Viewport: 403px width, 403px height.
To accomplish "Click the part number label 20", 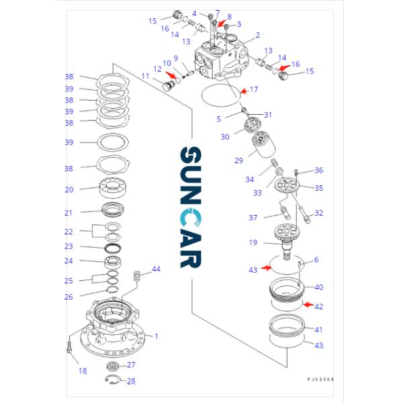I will (69, 189).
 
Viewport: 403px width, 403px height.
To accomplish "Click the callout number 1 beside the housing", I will (156, 336).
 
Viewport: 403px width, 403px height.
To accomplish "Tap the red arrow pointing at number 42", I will (306, 305).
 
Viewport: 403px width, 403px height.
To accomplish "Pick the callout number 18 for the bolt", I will (83, 371).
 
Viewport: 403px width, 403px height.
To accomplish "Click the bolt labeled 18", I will (69, 348).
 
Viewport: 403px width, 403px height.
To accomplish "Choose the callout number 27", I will (131, 365).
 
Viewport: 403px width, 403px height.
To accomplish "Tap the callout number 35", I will (318, 188).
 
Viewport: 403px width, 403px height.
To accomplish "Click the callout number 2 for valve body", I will (257, 35).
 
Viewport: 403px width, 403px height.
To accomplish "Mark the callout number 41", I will (318, 329).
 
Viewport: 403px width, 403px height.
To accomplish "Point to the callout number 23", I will (69, 247).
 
